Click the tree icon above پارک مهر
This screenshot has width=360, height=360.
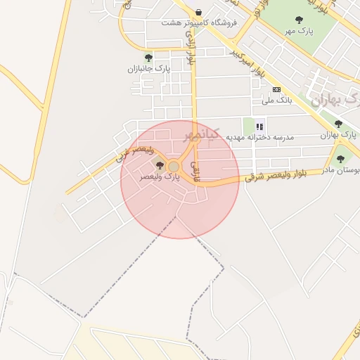[300, 20]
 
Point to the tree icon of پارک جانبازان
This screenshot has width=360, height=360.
[148, 58]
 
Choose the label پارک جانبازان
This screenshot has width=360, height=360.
[148, 69]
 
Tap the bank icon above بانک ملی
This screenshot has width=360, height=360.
[277, 89]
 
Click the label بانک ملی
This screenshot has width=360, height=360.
[276, 101]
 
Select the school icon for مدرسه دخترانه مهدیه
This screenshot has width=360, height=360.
[259, 127]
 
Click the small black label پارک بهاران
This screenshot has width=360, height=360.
[337, 135]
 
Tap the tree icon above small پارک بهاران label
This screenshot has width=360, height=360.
[338, 124]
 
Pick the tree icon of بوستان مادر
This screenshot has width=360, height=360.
[341, 159]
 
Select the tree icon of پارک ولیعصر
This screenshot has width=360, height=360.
[160, 166]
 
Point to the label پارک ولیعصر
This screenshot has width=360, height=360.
[160, 177]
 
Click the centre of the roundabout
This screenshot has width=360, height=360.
[173, 167]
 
